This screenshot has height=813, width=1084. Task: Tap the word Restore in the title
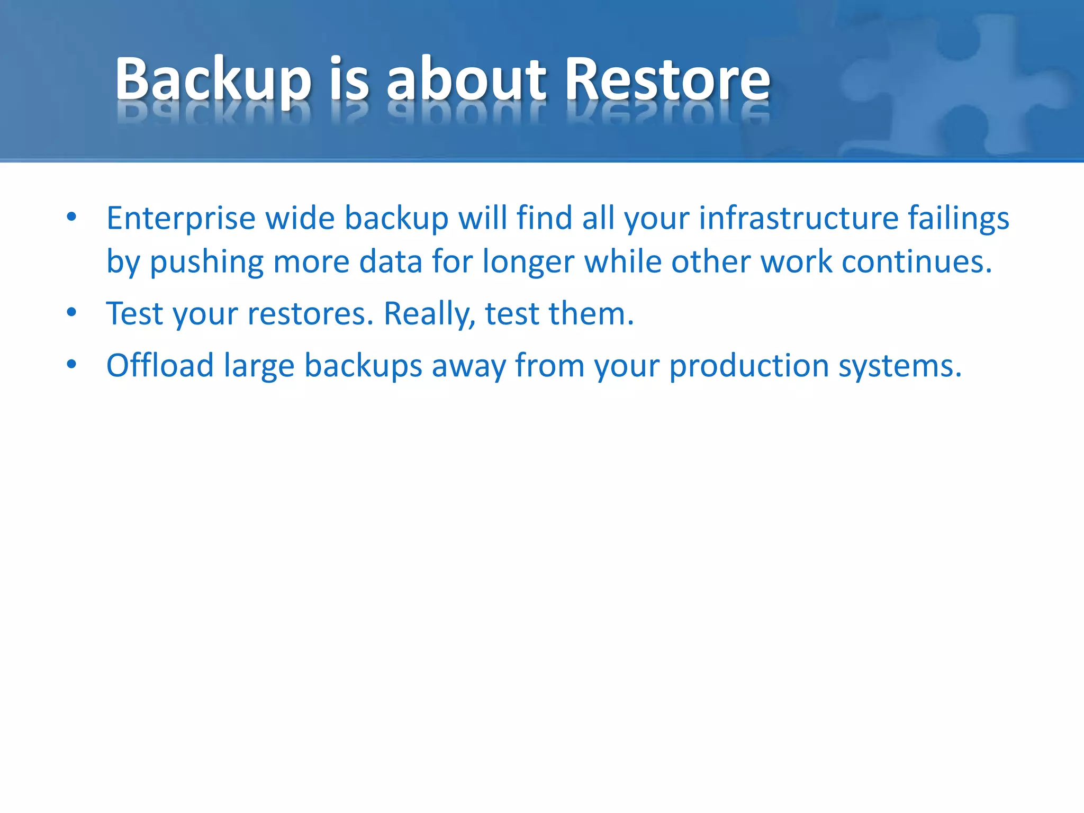667,79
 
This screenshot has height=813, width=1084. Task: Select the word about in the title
466,79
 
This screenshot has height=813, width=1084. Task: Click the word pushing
206,263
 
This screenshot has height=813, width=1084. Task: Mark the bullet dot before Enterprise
72,216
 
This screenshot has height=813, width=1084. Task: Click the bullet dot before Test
72,312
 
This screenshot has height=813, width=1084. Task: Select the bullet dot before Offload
72,364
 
